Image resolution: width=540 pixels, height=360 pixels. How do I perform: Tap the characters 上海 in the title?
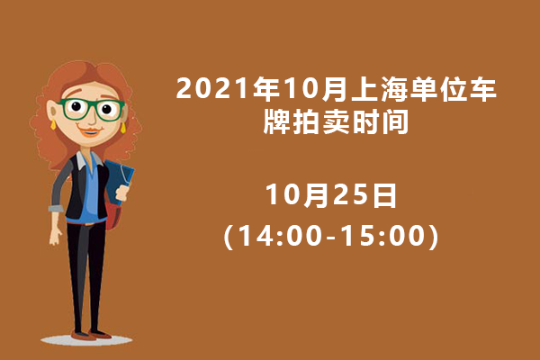[380, 89]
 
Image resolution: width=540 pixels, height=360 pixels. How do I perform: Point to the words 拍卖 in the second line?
[321, 121]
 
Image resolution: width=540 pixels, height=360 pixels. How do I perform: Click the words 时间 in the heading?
[381, 121]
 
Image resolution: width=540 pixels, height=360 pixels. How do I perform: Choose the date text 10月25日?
[331, 195]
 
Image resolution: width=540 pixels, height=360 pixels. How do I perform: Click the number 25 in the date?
[351, 195]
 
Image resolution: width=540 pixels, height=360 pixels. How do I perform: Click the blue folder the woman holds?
[119, 182]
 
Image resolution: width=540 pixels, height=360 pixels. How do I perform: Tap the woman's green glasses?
[91, 109]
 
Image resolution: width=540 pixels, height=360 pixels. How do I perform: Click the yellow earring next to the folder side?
[123, 128]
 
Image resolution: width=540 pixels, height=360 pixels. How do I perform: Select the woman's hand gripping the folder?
[122, 193]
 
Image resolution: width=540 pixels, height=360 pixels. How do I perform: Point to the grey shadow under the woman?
[86, 340]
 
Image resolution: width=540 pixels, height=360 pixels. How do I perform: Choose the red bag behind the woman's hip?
[113, 214]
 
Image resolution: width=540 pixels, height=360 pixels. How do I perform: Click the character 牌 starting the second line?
[277, 121]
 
